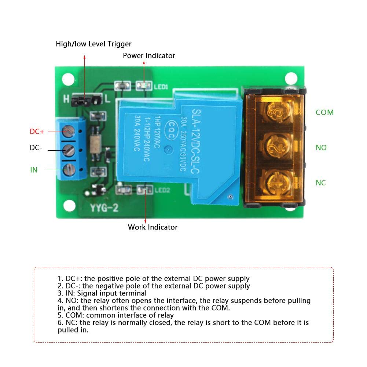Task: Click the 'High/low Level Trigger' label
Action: pos(93,44)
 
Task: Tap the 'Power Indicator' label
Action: pos(149,56)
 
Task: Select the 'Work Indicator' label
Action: pos(153,227)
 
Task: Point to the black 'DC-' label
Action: pos(36,148)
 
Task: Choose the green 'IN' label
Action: pos(34,170)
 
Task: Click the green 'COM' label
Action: pos(324,113)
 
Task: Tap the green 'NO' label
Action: pos(321,148)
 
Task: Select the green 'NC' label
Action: pos(320,183)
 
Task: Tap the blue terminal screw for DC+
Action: pos(68,129)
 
